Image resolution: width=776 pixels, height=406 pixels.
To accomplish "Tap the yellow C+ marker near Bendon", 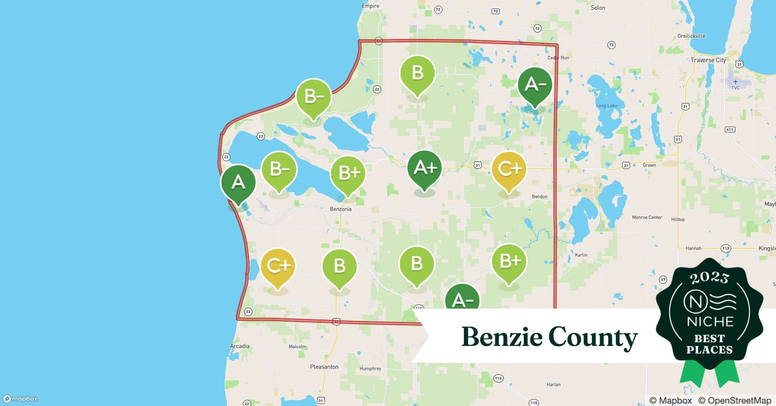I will click(x=509, y=169).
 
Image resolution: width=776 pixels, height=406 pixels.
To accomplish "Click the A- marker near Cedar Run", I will click(x=535, y=84).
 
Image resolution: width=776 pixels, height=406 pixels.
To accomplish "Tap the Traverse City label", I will click(x=708, y=60).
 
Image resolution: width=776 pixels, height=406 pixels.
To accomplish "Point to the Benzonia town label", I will click(x=340, y=209).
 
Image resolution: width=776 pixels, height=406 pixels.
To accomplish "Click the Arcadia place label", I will click(x=240, y=346).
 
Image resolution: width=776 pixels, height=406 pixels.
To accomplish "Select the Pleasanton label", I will click(x=324, y=367).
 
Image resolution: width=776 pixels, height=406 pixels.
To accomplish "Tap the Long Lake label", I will click(x=607, y=106).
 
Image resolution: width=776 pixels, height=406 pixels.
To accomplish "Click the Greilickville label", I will click(x=691, y=36).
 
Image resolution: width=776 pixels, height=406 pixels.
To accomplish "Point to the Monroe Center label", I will click(x=647, y=217).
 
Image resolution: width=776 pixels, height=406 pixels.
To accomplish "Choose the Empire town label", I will click(x=370, y=6).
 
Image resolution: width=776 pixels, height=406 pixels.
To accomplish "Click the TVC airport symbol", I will click(x=735, y=82).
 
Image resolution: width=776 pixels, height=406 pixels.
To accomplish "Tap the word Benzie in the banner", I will click(x=502, y=337).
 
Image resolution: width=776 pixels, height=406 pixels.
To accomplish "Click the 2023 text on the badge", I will click(x=709, y=278).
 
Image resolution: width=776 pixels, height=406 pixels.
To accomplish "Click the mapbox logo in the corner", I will click(x=20, y=399).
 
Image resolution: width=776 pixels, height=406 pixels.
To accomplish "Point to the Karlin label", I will click(x=581, y=255).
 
